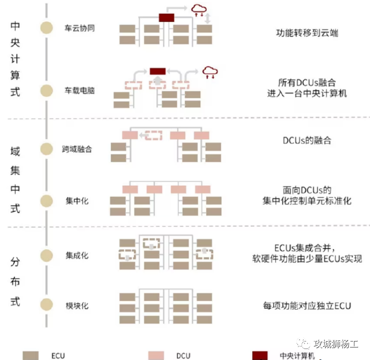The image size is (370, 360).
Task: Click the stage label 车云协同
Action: click(79, 28)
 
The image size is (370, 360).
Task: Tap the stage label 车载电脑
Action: click(79, 90)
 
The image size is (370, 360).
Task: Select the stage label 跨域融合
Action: click(77, 148)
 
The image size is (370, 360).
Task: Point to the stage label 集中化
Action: click(77, 200)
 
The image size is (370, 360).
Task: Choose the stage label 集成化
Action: click(77, 255)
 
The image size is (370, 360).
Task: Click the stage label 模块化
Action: click(77, 305)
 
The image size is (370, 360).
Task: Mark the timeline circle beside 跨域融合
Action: click(46, 148)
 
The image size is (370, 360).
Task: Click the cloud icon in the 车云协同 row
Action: click(199, 10)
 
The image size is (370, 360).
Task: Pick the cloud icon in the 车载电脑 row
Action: click(210, 72)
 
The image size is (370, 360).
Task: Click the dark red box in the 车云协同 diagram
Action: click(166, 18)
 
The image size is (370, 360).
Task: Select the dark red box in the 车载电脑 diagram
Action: click(157, 71)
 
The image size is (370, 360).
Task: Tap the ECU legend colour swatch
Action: click(31, 355)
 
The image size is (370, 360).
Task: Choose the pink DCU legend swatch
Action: click(156, 355)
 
